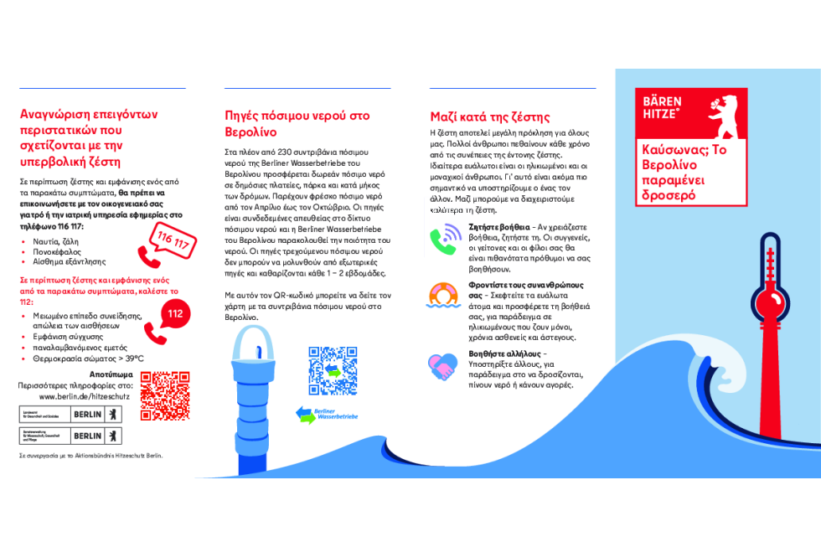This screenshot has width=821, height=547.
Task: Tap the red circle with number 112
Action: click(174, 314)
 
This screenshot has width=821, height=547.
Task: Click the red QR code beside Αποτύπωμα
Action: click(164, 395)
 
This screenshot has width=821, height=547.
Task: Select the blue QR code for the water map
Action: click(333, 370)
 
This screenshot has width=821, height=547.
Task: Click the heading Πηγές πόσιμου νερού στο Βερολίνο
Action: click(297, 123)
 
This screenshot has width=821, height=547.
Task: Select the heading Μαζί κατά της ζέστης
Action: click(490, 116)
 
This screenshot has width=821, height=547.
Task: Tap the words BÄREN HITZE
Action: click(663, 107)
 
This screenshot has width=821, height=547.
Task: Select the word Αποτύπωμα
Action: click(111, 374)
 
